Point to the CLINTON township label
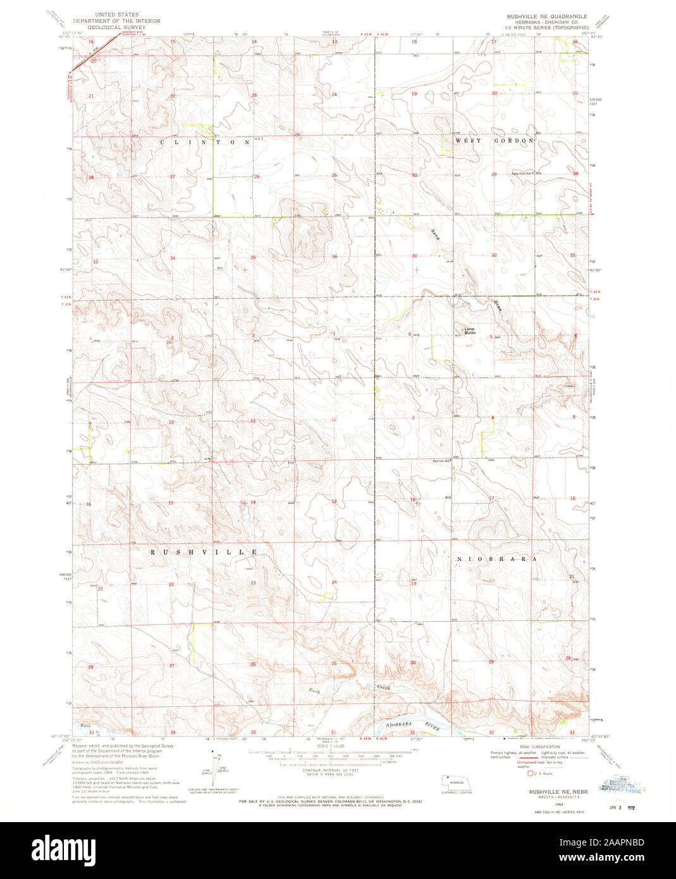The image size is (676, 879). coord(206,143)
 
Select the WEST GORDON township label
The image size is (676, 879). coord(495,141)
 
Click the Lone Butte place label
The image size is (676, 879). coord(469,330)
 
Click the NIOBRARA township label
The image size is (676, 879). coord(496,559)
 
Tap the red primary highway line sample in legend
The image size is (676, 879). coord(506,757)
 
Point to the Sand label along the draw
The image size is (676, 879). coord(435,233)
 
